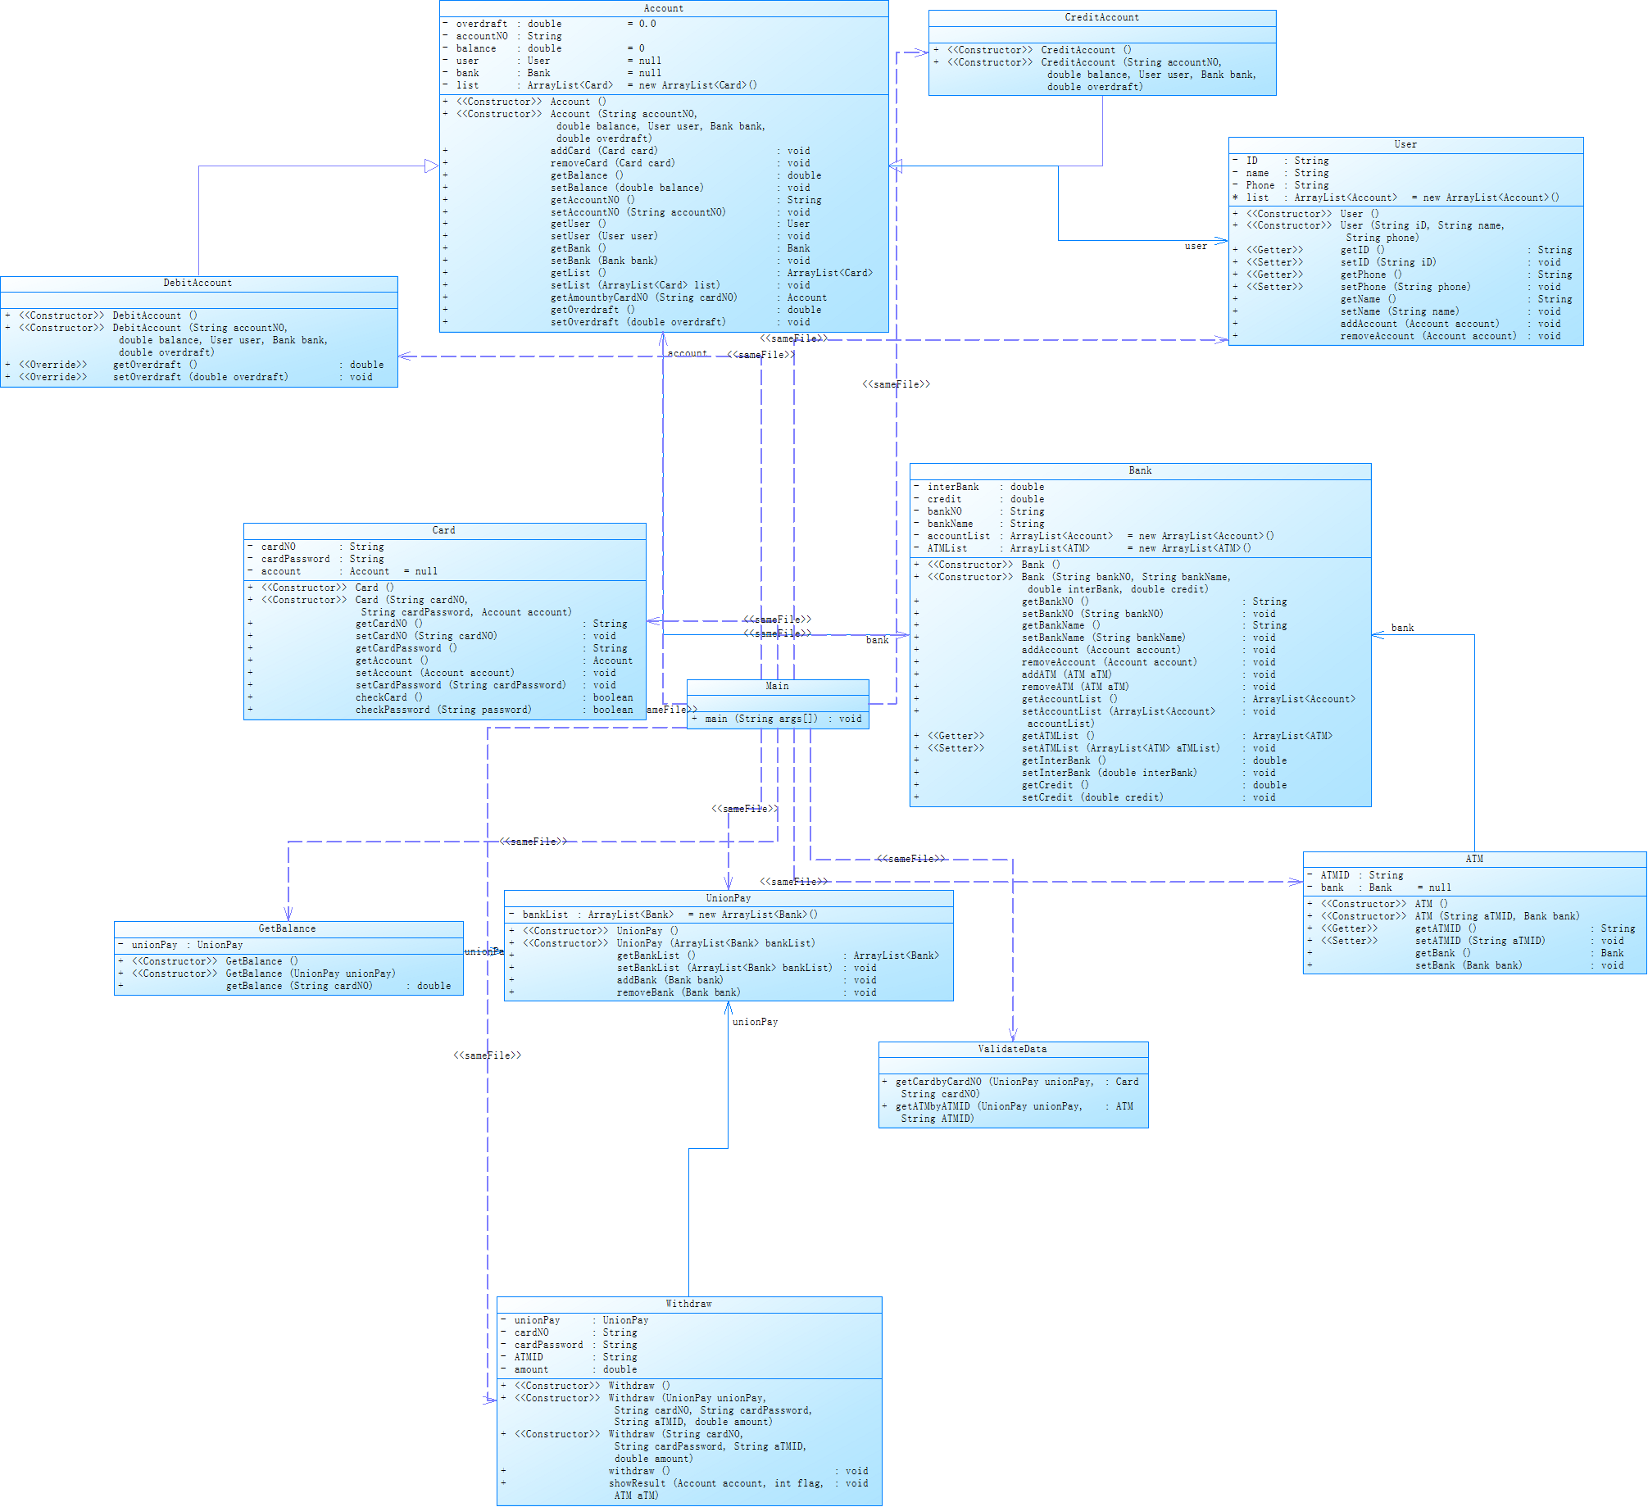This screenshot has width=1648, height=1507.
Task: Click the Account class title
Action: pyautogui.click(x=663, y=8)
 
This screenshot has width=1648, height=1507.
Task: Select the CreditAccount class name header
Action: pyautogui.click(x=1101, y=17)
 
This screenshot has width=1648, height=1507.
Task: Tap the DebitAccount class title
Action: pyautogui.click(x=197, y=283)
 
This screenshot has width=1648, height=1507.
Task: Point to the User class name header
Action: pyautogui.click(x=1405, y=144)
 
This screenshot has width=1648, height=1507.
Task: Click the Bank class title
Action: pyautogui.click(x=1140, y=470)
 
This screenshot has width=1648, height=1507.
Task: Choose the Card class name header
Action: pyautogui.click(x=443, y=530)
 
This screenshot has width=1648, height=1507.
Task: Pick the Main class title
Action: pyautogui.click(x=777, y=686)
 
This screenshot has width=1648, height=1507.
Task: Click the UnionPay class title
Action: pyautogui.click(x=728, y=898)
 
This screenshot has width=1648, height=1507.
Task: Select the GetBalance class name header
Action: pyautogui.click(x=287, y=928)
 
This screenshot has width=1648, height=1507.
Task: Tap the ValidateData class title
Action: pyautogui.click(x=1012, y=1049)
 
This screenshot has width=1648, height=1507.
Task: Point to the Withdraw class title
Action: pyautogui.click(x=688, y=1304)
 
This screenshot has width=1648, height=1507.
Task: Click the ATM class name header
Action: pyautogui.click(x=1474, y=859)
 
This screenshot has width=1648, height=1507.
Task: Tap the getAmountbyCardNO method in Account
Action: pyautogui.click(x=643, y=297)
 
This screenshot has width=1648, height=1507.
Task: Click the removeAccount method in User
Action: pyautogui.click(x=1428, y=336)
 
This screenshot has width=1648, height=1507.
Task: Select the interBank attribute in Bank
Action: pyautogui.click(x=952, y=487)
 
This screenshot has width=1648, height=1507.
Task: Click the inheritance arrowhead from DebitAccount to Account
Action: pyautogui.click(x=432, y=166)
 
